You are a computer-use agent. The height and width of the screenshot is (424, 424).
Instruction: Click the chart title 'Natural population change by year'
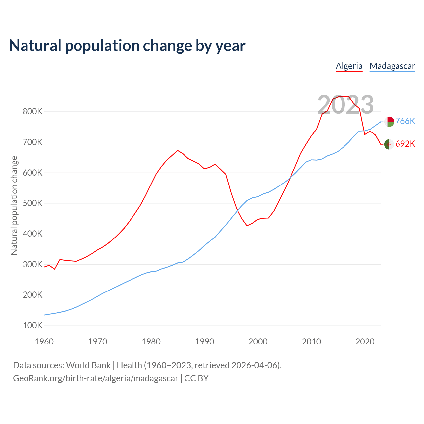pyautogui.click(x=127, y=46)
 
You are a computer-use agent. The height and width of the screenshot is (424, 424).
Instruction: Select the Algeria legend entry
pyautogui.click(x=349, y=66)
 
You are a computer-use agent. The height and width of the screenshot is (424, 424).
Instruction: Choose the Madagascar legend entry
pyautogui.click(x=392, y=66)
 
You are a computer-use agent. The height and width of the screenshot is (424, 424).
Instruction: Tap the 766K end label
pyautogui.click(x=405, y=121)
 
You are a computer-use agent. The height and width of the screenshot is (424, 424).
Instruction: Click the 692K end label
pyautogui.click(x=405, y=144)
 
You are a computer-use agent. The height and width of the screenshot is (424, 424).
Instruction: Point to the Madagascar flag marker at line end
pyautogui.click(x=389, y=122)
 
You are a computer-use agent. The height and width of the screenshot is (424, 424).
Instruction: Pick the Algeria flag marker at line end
pyautogui.click(x=389, y=144)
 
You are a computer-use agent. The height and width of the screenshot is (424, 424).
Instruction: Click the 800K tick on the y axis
pyautogui.click(x=32, y=112)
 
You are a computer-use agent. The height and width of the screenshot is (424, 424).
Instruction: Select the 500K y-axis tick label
pyautogui.click(x=32, y=203)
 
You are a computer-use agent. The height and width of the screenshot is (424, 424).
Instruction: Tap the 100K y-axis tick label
pyautogui.click(x=32, y=326)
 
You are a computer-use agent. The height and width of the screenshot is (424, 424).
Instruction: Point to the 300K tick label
pyautogui.click(x=32, y=264)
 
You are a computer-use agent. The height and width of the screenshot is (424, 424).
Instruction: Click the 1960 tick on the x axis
pyautogui.click(x=44, y=342)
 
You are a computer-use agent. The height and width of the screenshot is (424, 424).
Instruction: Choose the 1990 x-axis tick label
pyautogui.click(x=204, y=342)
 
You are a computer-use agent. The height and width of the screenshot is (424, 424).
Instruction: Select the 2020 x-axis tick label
pyautogui.click(x=365, y=342)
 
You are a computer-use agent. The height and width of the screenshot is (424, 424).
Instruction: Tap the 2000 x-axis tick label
pyautogui.click(x=258, y=342)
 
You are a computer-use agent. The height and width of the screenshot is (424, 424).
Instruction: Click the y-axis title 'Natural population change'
pyautogui.click(x=14, y=205)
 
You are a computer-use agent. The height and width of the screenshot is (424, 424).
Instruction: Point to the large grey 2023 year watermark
pyautogui.click(x=345, y=105)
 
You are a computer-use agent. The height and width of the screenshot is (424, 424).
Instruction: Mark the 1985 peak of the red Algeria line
pyautogui.click(x=178, y=150)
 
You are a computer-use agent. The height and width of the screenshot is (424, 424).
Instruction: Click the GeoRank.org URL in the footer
pyautogui.click(x=95, y=378)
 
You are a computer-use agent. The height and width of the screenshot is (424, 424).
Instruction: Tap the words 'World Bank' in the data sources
pyautogui.click(x=88, y=365)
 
